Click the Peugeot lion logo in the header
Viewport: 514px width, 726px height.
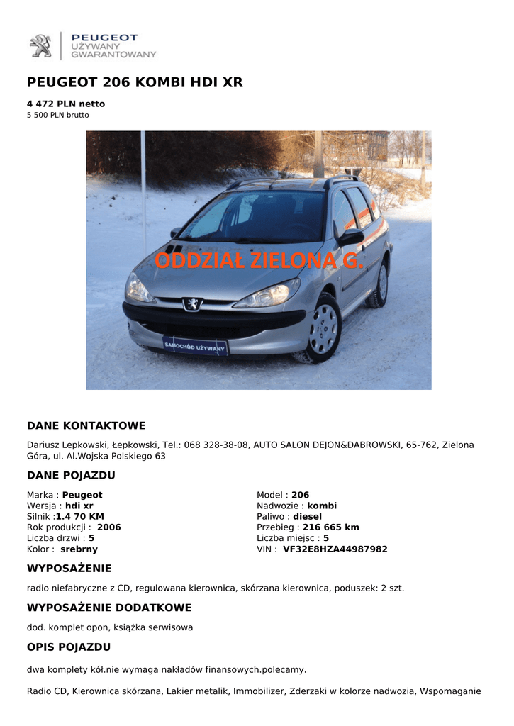[40, 46]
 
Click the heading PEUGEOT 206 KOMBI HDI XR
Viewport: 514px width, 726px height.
[135, 83]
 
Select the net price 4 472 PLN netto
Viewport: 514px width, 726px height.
[66, 104]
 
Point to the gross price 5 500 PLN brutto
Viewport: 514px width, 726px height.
[58, 115]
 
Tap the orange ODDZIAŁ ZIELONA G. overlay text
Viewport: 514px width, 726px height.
[259, 262]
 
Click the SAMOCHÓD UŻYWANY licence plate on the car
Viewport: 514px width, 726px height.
[195, 346]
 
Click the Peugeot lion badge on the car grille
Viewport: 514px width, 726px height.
[192, 304]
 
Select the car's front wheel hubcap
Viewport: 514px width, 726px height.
[324, 330]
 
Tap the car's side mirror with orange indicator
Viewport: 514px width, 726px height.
[351, 237]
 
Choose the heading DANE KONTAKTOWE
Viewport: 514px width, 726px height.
[86, 426]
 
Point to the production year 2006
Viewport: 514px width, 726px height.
[109, 527]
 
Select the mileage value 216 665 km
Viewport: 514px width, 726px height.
[331, 527]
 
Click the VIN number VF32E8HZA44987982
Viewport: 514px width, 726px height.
[335, 549]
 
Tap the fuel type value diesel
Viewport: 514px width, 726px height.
[307, 517]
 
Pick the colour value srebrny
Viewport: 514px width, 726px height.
[79, 549]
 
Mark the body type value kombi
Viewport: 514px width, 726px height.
[322, 506]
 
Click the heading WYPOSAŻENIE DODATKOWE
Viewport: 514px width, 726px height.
[109, 608]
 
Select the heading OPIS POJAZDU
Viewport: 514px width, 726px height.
[69, 647]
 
